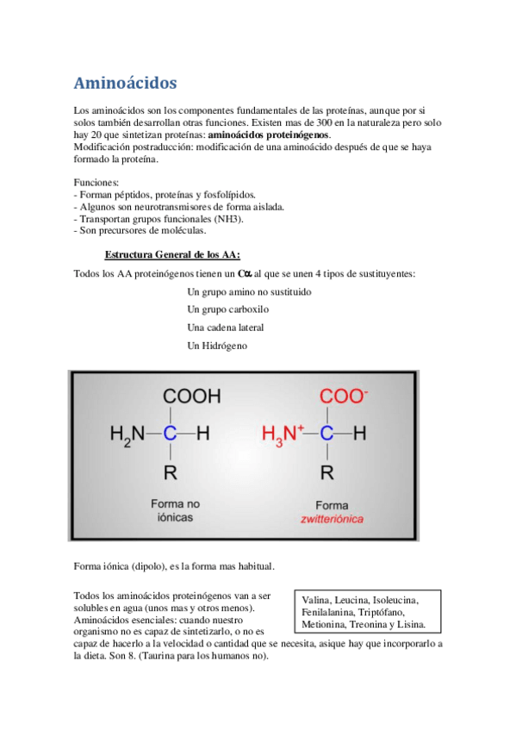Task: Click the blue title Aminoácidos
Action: pyautogui.click(x=126, y=83)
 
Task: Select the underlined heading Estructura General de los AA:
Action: pyautogui.click(x=172, y=254)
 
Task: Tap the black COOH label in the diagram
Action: pyautogui.click(x=191, y=397)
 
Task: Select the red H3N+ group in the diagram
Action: pyautogui.click(x=283, y=434)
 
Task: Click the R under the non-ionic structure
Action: pyautogui.click(x=171, y=472)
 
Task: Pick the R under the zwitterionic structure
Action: pyautogui.click(x=326, y=472)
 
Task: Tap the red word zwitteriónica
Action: pyautogui.click(x=332, y=519)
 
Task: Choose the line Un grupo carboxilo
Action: pyautogui.click(x=227, y=309)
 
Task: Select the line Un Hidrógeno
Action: pyautogui.click(x=217, y=345)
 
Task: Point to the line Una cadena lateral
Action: pyautogui.click(x=226, y=328)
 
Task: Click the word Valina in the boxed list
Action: pyautogui.click(x=317, y=600)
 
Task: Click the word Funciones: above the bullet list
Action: pyautogui.click(x=96, y=184)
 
